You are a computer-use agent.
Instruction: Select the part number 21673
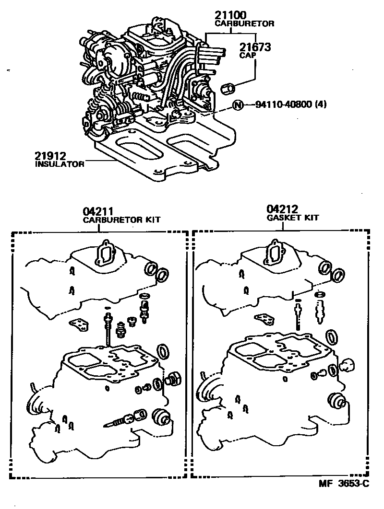point(254,47)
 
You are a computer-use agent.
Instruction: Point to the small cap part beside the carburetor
point(229,88)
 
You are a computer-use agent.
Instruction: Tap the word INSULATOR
point(60,164)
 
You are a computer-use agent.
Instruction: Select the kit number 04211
point(97,211)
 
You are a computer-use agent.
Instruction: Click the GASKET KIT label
point(292,218)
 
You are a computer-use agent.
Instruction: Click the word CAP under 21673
point(247,56)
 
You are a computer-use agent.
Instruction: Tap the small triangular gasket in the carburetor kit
point(79,325)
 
